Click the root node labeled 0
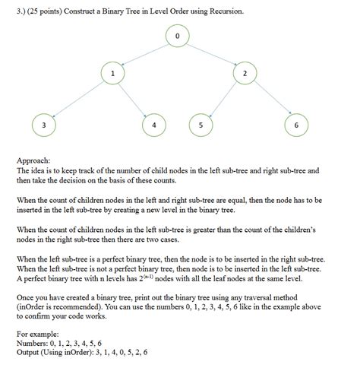(x=177, y=35)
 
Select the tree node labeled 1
(x=112, y=74)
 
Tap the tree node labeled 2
(x=245, y=74)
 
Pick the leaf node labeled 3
(x=44, y=124)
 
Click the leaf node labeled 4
(x=155, y=124)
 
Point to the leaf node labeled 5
(x=201, y=124)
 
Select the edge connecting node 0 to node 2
(x=211, y=54)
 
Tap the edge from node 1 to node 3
(x=77, y=99)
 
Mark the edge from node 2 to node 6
(x=269, y=99)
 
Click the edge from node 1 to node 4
(x=134, y=99)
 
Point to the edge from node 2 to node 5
(x=223, y=99)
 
